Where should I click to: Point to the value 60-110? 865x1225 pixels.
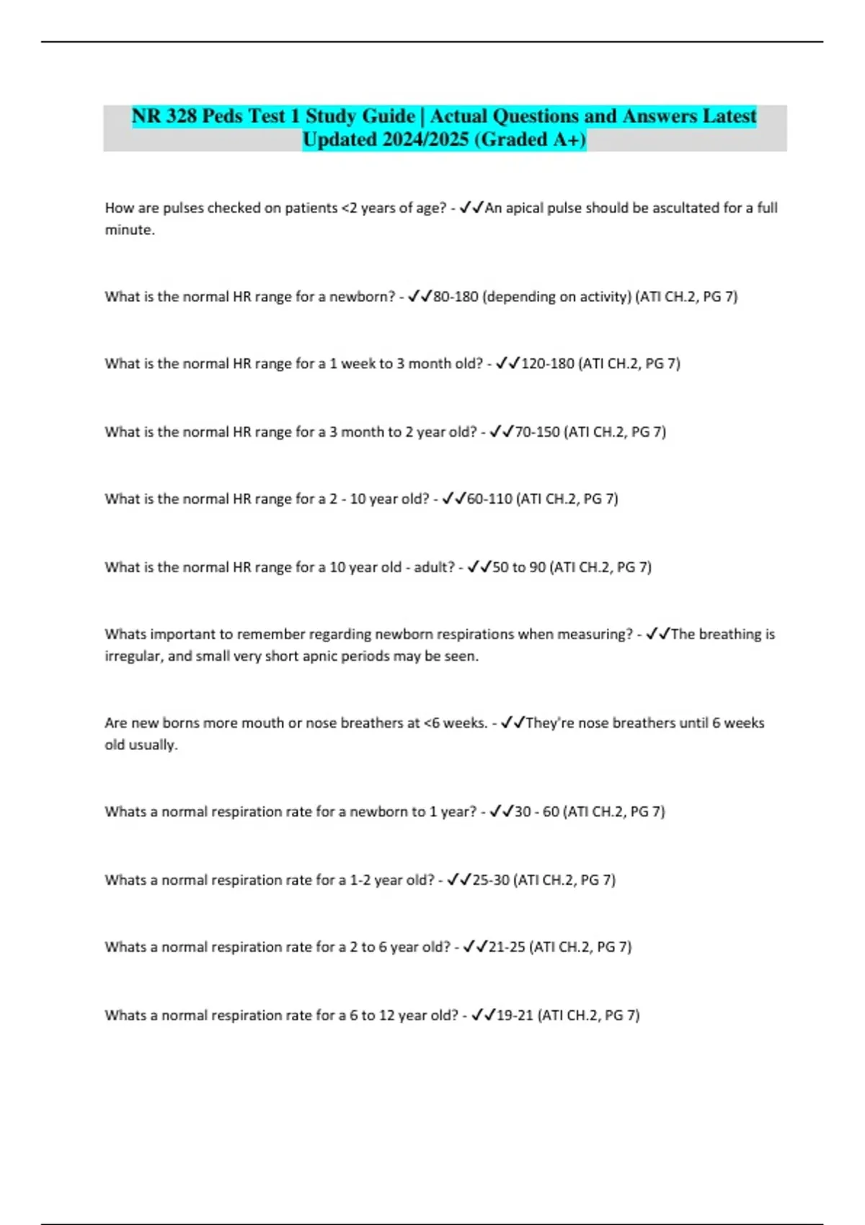click(489, 499)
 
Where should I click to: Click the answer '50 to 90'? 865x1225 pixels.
click(518, 568)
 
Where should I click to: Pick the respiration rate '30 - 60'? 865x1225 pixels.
click(536, 812)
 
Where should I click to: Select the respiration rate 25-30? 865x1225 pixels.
click(490, 881)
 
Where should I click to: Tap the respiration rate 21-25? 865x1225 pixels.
click(507, 948)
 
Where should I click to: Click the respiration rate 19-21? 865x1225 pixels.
click(515, 1016)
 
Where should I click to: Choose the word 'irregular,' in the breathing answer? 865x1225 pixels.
click(133, 656)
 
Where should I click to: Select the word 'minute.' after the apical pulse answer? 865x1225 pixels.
click(130, 231)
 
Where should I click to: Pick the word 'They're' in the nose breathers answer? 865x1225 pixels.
click(550, 723)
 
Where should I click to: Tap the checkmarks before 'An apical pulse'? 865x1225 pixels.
click(471, 208)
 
